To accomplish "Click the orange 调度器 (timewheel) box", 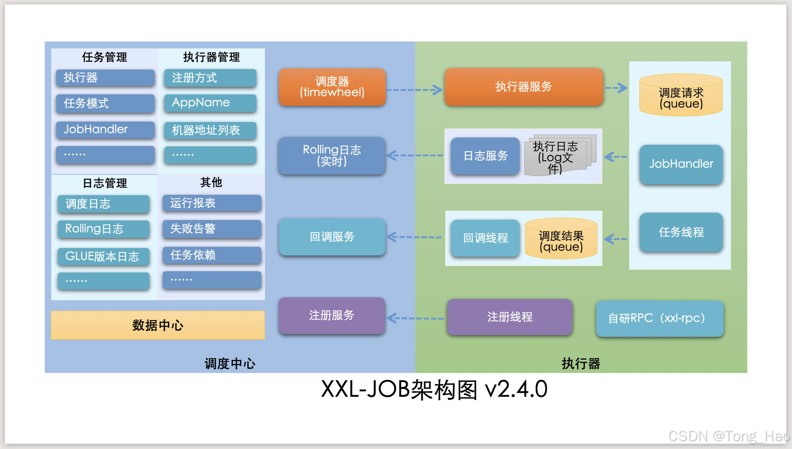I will (332, 87).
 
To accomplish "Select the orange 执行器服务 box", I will (523, 87).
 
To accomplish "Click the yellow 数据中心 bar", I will (158, 325).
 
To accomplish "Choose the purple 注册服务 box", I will (332, 316).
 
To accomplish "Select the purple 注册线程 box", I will (510, 317).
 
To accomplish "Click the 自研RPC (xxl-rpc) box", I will (659, 318).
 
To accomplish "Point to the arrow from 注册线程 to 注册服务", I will (415, 318).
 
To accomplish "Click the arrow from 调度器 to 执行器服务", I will (414, 90).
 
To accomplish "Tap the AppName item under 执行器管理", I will (210, 103).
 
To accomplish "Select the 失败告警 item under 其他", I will (212, 229).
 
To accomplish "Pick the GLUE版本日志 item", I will (103, 257).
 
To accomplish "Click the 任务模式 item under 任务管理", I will (105, 103).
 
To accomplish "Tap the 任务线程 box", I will (681, 232).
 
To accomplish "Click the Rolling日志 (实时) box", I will (332, 156).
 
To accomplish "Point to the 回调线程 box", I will (485, 238).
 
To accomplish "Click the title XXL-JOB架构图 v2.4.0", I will (434, 389).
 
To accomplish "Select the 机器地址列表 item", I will (210, 131).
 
